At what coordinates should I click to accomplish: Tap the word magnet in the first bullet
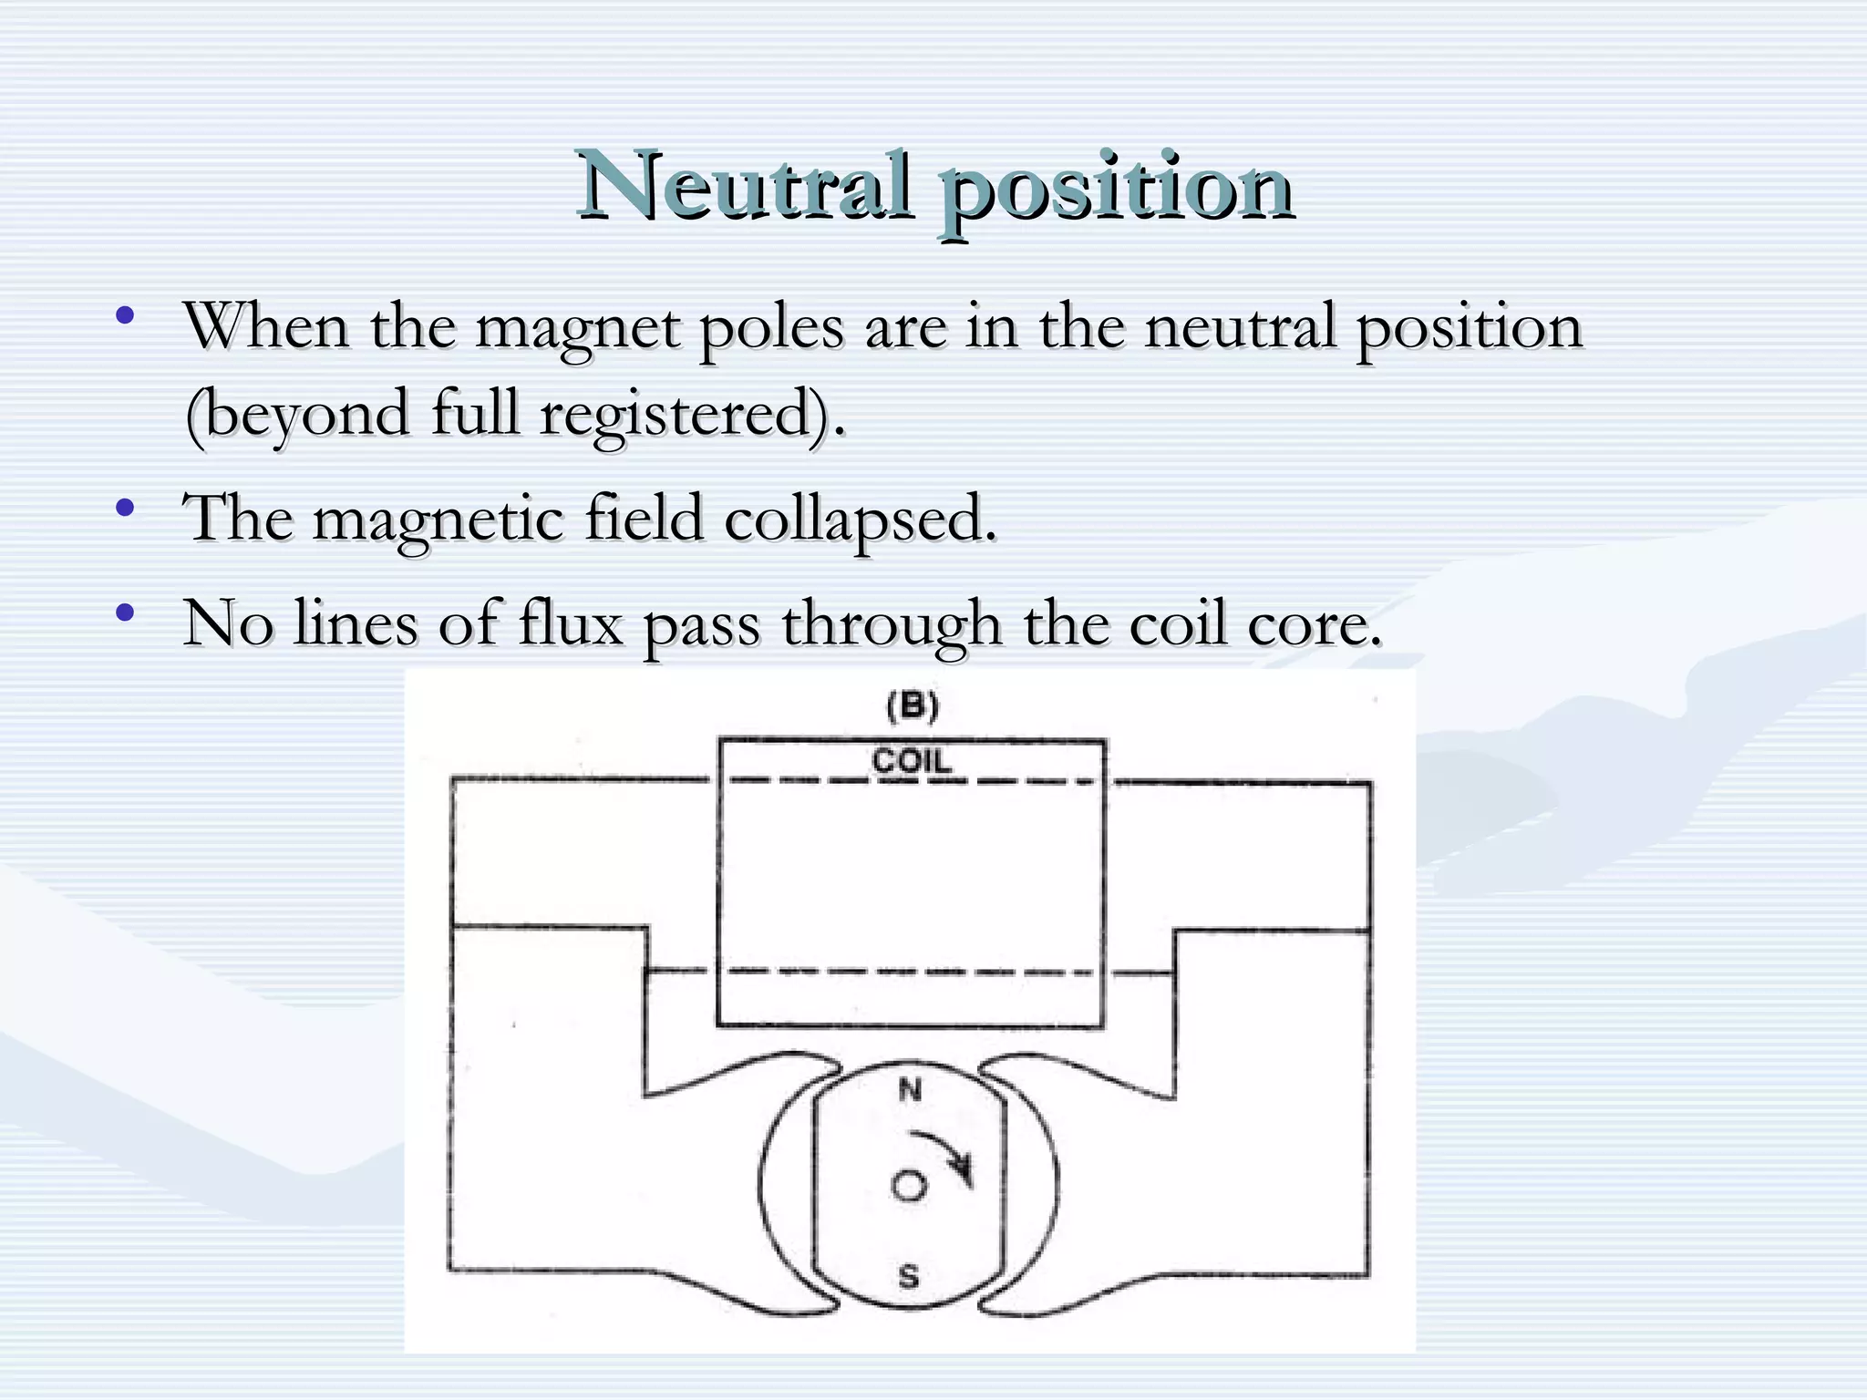coord(577,329)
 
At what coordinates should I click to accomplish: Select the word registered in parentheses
coord(686,416)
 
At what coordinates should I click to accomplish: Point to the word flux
coord(571,624)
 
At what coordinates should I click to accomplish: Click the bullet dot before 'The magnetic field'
coord(125,508)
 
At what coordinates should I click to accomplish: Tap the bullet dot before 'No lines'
coord(125,612)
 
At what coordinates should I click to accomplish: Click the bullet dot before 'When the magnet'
coord(125,316)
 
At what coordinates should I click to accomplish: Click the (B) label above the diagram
coord(912,707)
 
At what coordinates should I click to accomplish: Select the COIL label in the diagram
coord(912,760)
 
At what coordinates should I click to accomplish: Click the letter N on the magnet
coord(910,1089)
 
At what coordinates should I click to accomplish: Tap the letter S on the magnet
coord(909,1276)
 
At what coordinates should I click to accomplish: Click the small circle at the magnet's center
coord(908,1186)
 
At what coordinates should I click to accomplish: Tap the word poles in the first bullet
coord(771,329)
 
